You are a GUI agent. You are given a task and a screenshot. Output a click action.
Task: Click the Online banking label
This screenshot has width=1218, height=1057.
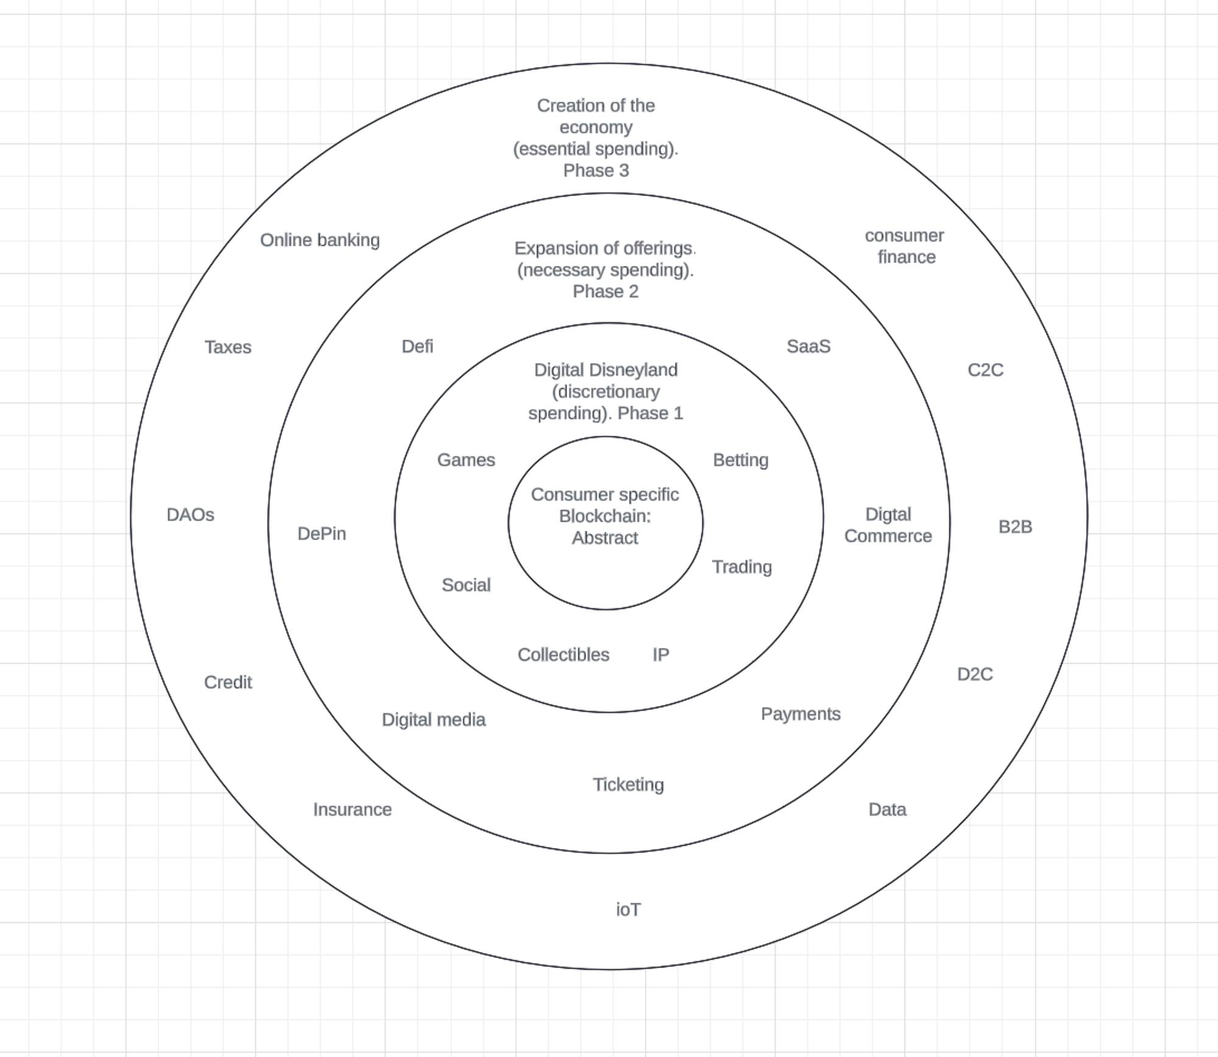tap(320, 241)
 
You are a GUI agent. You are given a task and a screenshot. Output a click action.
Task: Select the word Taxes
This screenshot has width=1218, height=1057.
tap(228, 347)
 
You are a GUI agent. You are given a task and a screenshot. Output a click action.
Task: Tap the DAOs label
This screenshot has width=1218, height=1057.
tap(191, 515)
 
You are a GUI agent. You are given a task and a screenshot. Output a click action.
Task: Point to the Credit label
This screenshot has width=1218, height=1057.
tap(228, 683)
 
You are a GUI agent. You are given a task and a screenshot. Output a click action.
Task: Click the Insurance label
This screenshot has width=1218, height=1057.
tap(352, 810)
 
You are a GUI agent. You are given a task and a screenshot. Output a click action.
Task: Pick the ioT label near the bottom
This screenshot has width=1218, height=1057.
tap(628, 910)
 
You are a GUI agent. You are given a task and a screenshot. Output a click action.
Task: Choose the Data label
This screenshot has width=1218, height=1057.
tap(887, 810)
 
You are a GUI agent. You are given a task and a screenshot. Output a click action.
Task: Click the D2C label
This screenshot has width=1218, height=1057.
tap(975, 675)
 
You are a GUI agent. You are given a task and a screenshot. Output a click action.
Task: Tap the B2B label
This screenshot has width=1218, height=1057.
tap(1015, 527)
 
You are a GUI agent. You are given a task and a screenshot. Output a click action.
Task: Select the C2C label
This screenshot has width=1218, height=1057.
tap(985, 370)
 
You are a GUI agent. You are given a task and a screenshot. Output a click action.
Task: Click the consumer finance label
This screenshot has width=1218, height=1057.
tap(905, 247)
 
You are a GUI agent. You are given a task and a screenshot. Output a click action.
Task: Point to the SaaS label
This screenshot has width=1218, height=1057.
tap(808, 346)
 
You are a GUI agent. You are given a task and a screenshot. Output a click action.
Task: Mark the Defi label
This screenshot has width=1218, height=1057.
tap(417, 346)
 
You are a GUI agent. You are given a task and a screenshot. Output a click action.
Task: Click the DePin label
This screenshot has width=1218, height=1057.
tap(322, 534)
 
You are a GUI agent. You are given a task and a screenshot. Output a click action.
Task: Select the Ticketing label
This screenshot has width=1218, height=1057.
tap(628, 785)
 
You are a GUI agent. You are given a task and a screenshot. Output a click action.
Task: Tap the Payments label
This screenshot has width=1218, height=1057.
tap(800, 714)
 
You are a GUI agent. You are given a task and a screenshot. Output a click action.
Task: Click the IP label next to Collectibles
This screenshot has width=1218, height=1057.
tap(661, 655)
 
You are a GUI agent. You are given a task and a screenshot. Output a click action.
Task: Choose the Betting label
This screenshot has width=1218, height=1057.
tap(741, 460)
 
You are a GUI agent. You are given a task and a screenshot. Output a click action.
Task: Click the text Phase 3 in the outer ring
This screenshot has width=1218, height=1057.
tap(596, 171)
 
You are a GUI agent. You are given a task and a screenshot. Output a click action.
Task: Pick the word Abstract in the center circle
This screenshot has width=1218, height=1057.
tap(605, 538)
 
